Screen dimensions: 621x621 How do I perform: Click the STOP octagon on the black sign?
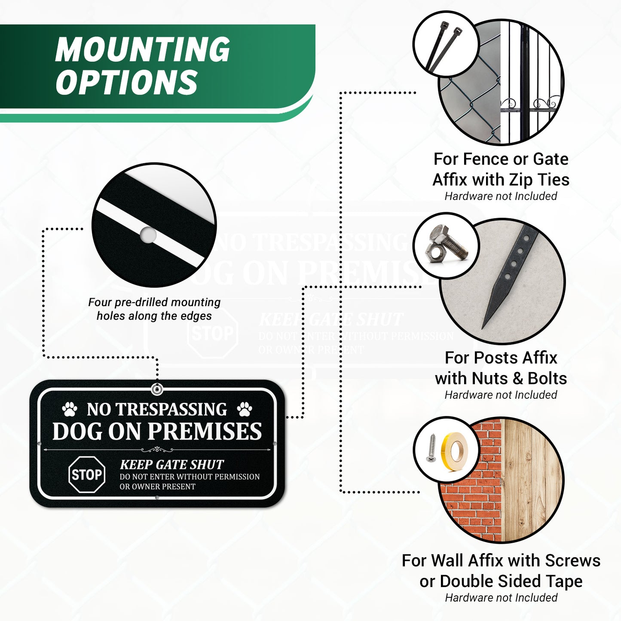(87, 474)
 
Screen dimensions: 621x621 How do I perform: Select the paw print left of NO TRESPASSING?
(69, 409)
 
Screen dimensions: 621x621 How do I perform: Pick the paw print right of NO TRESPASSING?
(244, 409)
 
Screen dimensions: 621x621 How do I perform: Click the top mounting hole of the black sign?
(157, 390)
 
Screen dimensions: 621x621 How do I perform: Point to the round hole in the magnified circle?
(148, 235)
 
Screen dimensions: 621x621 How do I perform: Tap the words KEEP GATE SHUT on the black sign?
(171, 465)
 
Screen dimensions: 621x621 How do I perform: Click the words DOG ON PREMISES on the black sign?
(157, 431)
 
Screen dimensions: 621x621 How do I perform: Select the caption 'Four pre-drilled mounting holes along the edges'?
(154, 309)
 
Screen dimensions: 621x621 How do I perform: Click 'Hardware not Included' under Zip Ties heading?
(501, 196)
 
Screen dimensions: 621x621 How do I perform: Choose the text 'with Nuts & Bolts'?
(501, 378)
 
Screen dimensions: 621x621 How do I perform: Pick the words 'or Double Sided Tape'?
(501, 581)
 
